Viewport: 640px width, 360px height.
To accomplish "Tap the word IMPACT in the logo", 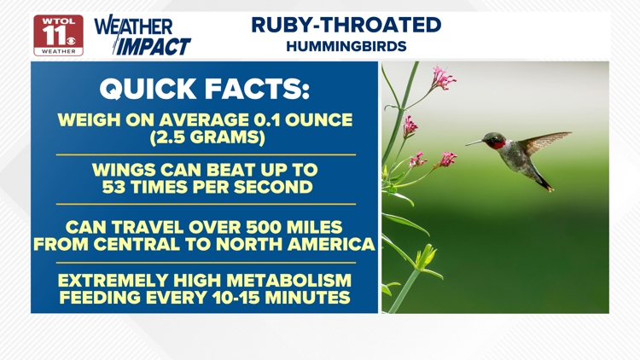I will click(x=154, y=46).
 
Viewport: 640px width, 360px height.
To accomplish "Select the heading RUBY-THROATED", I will click(x=346, y=25).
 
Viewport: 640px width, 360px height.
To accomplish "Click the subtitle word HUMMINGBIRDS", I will click(x=346, y=46).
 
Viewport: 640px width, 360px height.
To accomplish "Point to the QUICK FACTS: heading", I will click(x=205, y=89).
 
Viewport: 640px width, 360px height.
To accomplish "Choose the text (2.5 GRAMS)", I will click(x=205, y=137).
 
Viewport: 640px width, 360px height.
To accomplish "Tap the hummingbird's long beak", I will click(x=474, y=142).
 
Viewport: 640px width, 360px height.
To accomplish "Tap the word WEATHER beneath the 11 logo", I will click(x=58, y=51).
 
